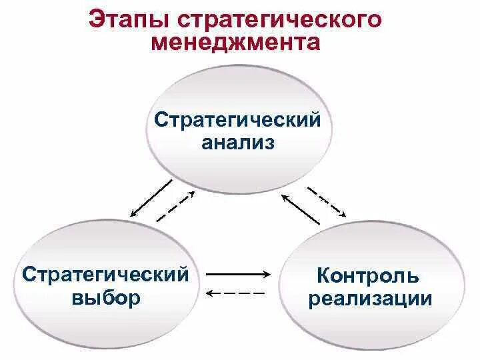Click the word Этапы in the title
coord(125,19)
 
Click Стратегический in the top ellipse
coord(237,121)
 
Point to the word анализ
coord(238,143)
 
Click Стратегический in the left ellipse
coord(105,273)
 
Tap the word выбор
coord(105,297)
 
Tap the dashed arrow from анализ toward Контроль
coord(326,202)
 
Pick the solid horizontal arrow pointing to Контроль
coord(238,273)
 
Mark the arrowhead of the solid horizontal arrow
coord(267,273)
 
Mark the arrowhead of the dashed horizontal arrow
coord(209,293)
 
